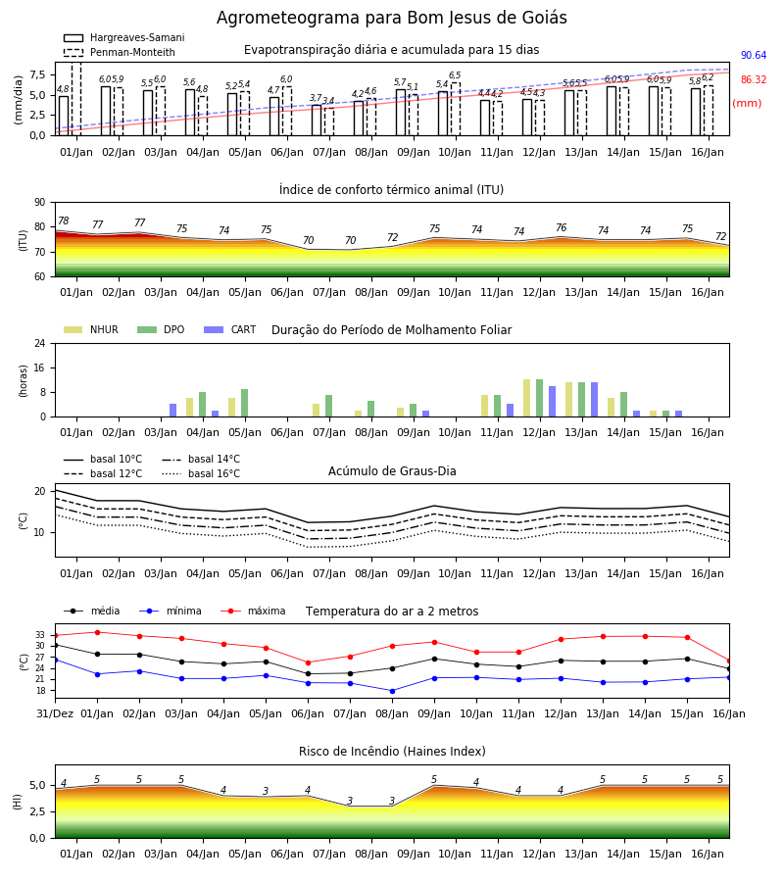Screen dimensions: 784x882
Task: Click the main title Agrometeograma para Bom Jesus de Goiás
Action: [x=391, y=18]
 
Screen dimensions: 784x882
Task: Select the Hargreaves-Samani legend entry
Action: [x=124, y=37]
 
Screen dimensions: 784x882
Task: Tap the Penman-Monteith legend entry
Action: [x=120, y=52]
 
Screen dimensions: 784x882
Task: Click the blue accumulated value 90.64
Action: [x=754, y=55]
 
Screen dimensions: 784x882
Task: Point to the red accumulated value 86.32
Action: [x=754, y=80]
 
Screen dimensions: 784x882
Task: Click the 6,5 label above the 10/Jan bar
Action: [x=455, y=75]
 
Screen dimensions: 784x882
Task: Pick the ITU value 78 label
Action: [x=64, y=221]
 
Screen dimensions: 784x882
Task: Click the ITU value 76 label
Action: [x=562, y=227]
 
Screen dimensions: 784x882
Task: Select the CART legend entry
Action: [x=230, y=329]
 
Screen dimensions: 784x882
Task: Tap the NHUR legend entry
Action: [x=91, y=329]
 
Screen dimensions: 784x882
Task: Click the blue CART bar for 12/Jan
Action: [x=553, y=402]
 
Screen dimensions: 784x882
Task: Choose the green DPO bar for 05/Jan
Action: [x=245, y=403]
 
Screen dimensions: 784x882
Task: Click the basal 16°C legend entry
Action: [x=201, y=473]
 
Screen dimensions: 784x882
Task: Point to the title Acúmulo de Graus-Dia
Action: [x=392, y=471]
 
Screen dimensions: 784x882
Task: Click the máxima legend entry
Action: [x=254, y=611]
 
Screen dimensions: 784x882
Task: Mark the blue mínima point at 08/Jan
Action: [x=393, y=691]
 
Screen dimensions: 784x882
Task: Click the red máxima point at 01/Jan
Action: [x=97, y=632]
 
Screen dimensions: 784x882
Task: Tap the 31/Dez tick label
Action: [x=55, y=713]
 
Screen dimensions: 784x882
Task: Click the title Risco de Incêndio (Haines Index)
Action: [x=392, y=752]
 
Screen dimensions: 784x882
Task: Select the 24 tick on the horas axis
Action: [x=40, y=343]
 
